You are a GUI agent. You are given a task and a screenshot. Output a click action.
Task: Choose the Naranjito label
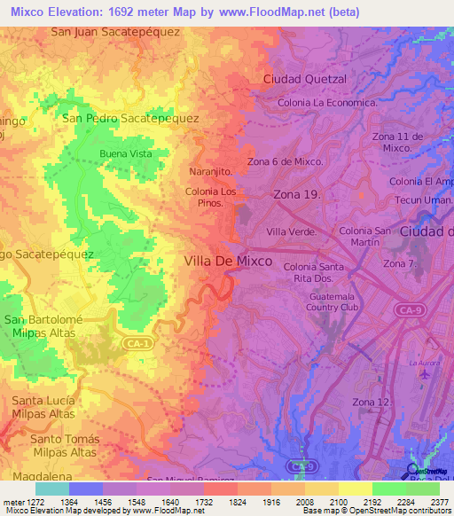pyautogui.click(x=211, y=171)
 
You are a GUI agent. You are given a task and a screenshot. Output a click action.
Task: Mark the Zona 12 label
pyautogui.click(x=370, y=403)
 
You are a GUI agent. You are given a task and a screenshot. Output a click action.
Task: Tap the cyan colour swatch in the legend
pyautogui.click(x=51, y=489)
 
